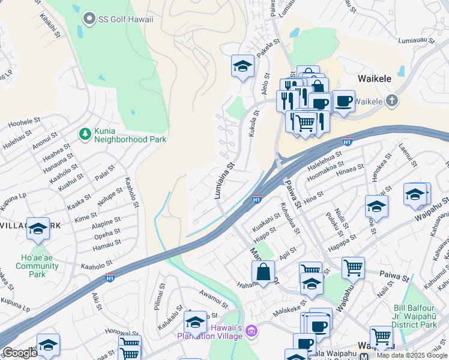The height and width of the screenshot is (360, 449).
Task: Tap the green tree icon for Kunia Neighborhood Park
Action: click(85, 133)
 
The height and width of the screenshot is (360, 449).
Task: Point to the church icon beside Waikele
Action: click(392, 100)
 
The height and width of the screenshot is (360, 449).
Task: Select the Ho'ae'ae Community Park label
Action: click(37, 265)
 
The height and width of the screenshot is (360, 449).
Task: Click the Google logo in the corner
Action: click(19, 353)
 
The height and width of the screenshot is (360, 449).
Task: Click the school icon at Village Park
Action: click(38, 228)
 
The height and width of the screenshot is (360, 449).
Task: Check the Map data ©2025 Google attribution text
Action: click(412, 355)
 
